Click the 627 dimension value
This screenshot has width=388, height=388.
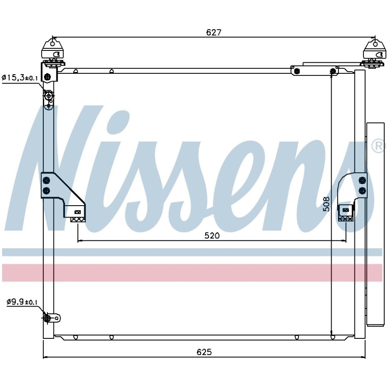tap(214, 32)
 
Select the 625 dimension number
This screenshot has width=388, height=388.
tap(204, 352)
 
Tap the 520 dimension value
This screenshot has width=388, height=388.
tap(212, 236)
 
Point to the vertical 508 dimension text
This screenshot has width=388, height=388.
tap(327, 204)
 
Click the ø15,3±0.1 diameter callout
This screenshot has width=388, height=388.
tap(20, 78)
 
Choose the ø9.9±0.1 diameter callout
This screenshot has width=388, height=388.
tap(22, 302)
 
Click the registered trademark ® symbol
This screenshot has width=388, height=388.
tap(378, 146)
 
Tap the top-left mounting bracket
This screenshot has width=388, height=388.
tap(53, 52)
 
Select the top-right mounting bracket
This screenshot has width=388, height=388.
tap(374, 53)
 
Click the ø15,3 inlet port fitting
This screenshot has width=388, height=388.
tap(48, 95)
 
